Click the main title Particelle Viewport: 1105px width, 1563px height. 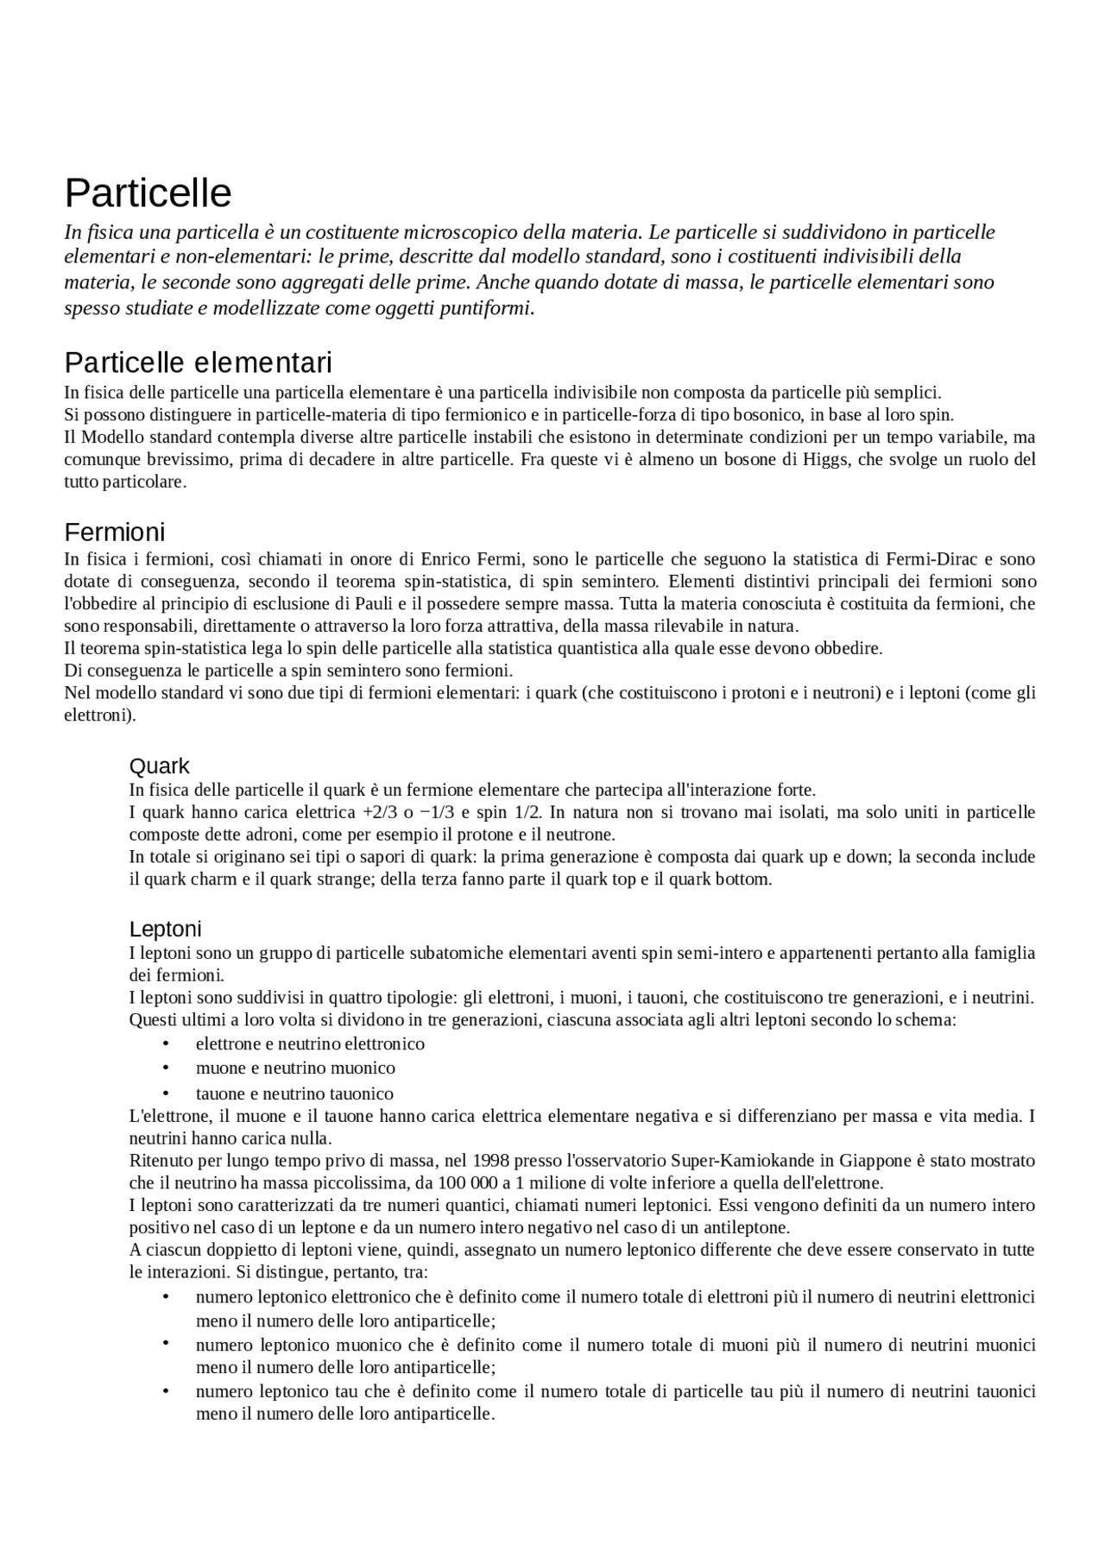(x=148, y=193)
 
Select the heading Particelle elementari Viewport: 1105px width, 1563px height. (x=198, y=362)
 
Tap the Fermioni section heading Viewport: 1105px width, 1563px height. (x=114, y=532)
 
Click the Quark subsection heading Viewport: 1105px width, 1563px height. (x=159, y=766)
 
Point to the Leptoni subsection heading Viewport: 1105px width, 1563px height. (x=165, y=929)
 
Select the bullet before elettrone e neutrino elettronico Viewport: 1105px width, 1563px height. (x=165, y=1044)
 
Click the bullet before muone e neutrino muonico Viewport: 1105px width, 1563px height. (x=165, y=1068)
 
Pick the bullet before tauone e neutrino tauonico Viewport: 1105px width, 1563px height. (x=165, y=1093)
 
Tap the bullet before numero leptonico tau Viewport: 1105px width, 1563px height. (x=165, y=1391)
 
